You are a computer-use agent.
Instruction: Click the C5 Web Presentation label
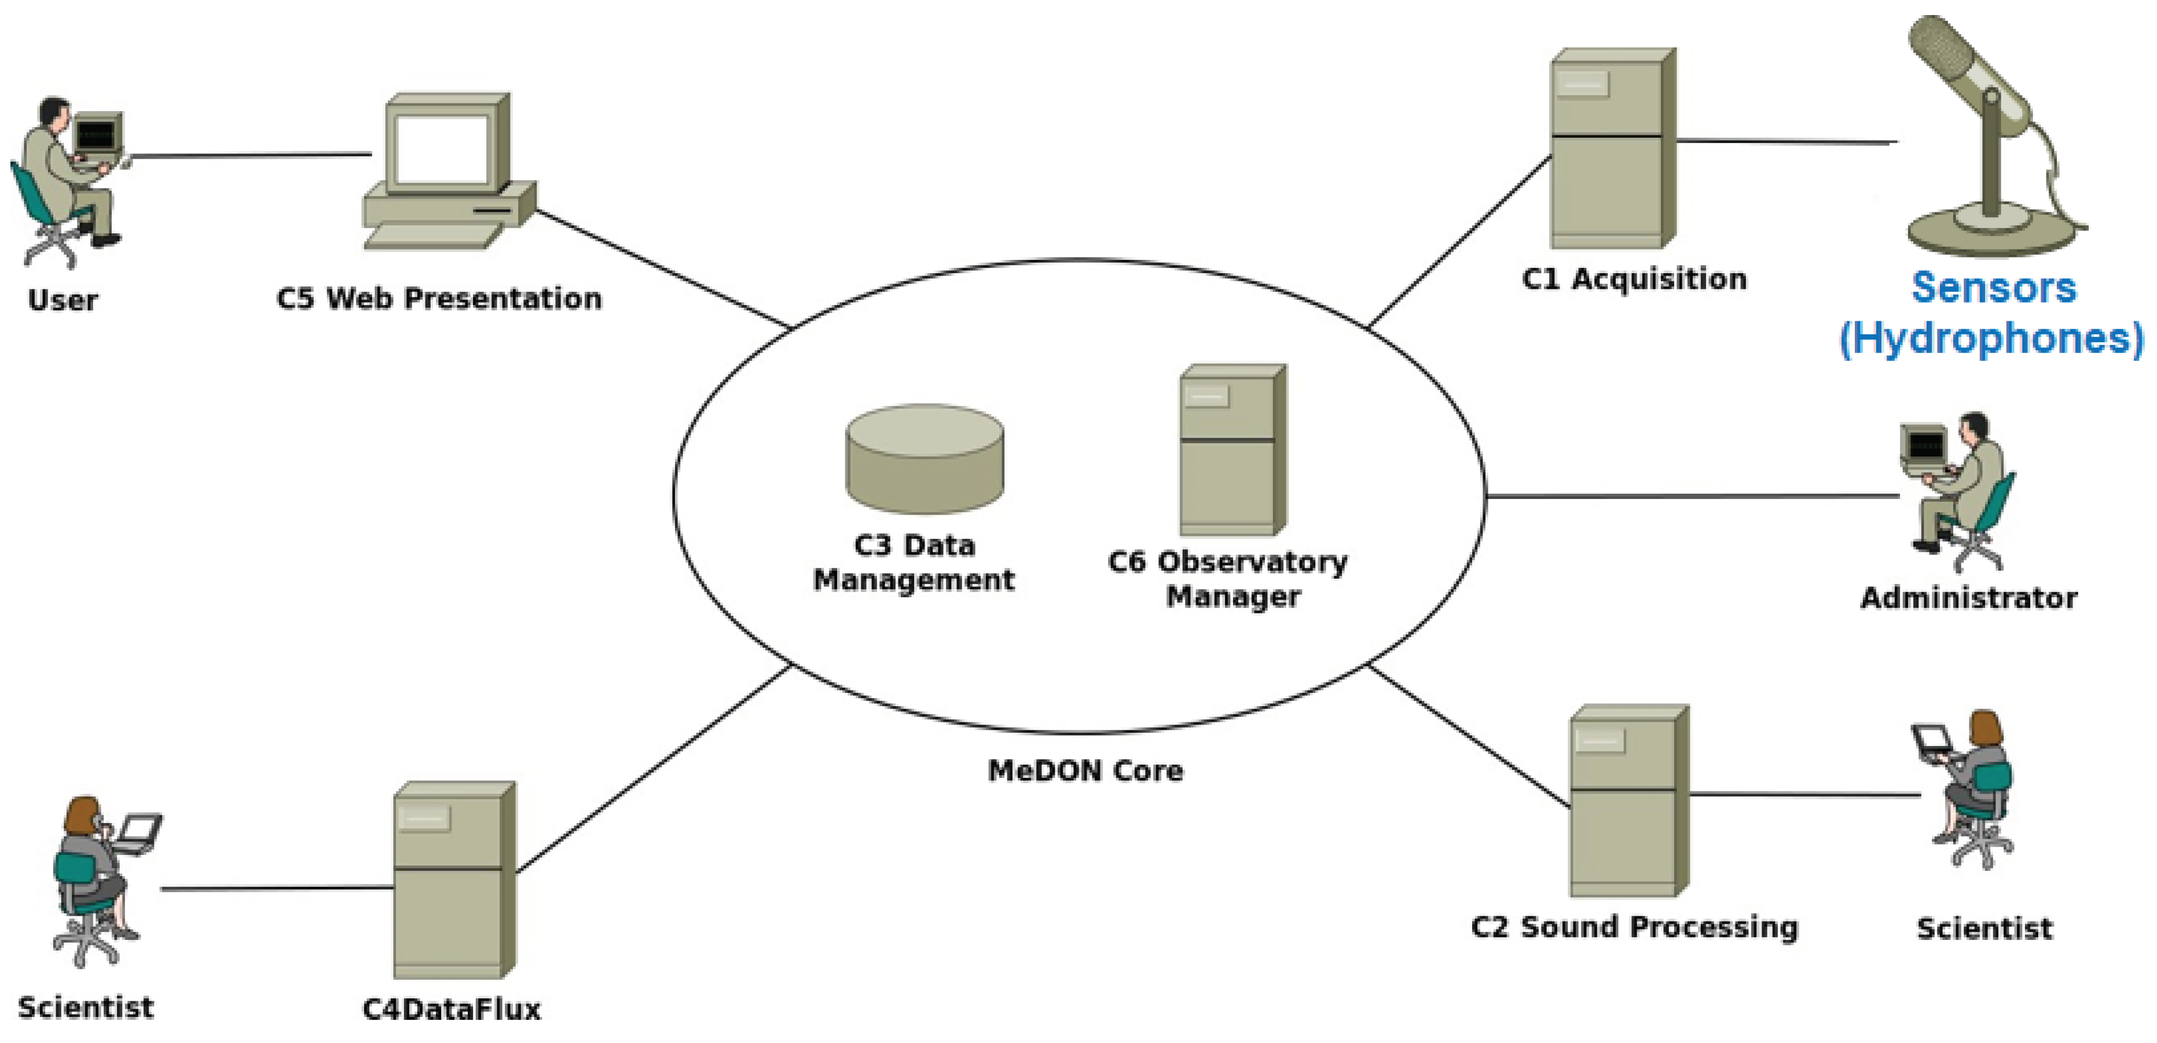click(x=439, y=299)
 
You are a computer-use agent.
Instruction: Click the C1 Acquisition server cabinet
click(x=1612, y=149)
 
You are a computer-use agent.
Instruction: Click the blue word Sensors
click(x=1993, y=288)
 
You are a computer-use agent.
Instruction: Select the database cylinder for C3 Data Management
click(x=925, y=460)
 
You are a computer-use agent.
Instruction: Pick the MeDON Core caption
click(x=1085, y=771)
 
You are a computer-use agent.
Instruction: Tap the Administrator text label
click(x=1968, y=598)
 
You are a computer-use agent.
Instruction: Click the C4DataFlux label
click(x=452, y=1009)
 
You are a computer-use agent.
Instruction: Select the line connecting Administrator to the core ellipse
click(x=1692, y=497)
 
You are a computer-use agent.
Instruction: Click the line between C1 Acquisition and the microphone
click(x=1784, y=141)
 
